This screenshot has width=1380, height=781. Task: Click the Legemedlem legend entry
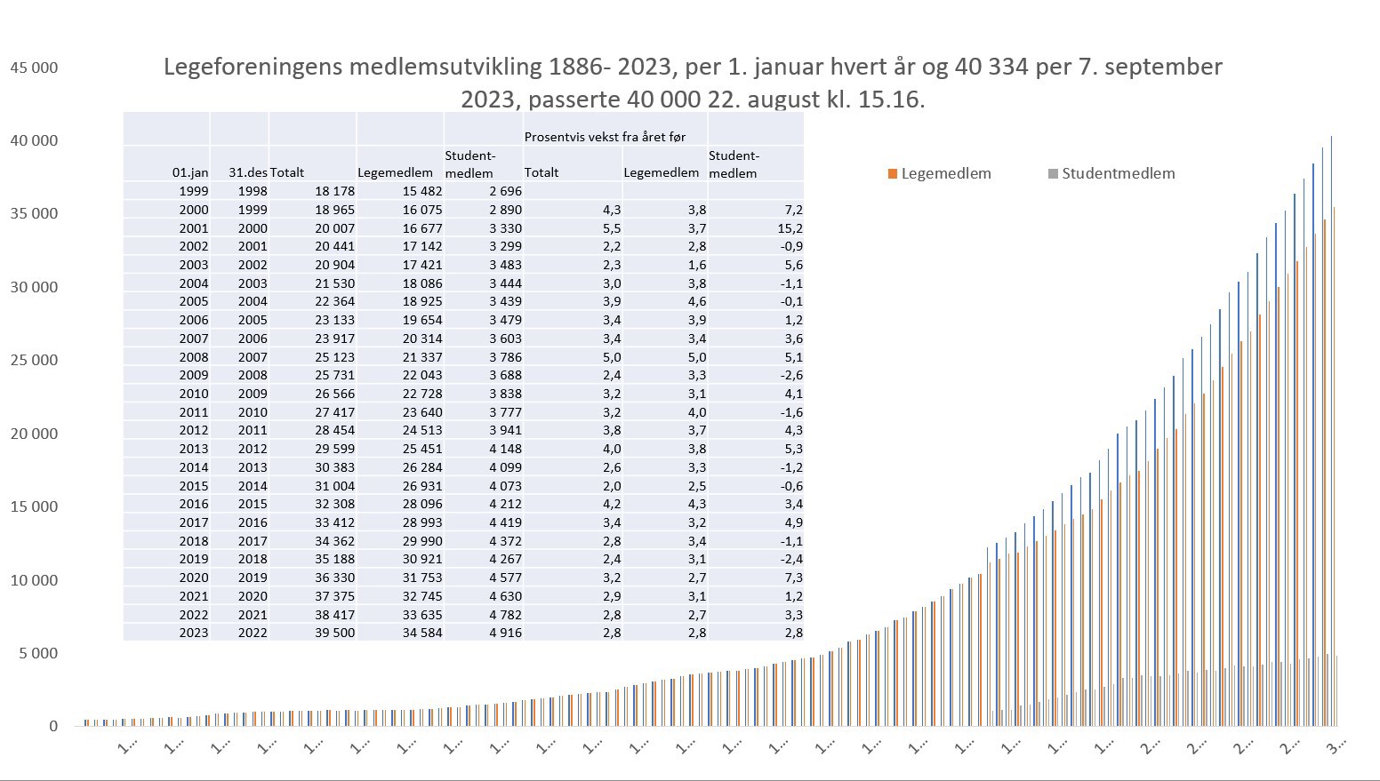click(x=945, y=174)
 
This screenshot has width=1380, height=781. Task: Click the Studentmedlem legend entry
click(x=1118, y=174)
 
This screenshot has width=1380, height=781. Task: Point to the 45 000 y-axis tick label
click(x=34, y=68)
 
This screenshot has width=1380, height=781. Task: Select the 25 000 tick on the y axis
click(x=34, y=360)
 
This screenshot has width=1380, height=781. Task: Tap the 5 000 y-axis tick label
click(x=38, y=653)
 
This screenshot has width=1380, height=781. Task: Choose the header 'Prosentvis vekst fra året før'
click(x=605, y=137)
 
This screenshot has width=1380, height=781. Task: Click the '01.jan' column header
click(x=190, y=172)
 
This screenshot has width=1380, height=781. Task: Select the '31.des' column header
click(x=247, y=172)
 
